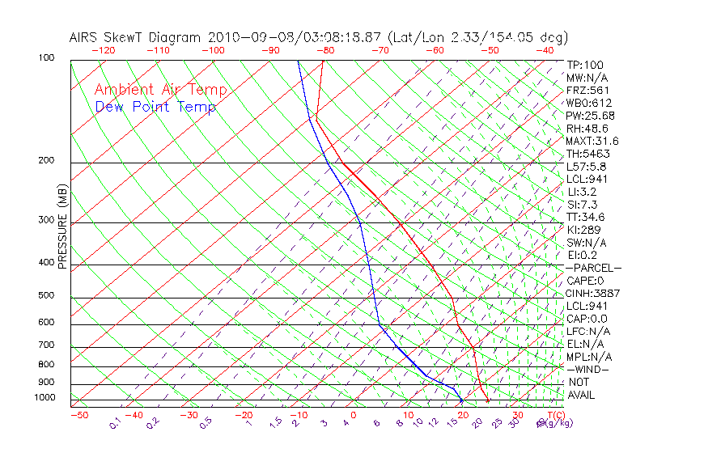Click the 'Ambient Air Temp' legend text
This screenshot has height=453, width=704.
click(160, 91)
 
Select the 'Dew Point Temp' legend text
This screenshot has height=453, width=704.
click(155, 108)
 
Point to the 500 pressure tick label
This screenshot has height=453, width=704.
click(46, 296)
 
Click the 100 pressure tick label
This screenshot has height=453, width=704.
click(46, 58)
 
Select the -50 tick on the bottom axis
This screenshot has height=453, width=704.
click(78, 416)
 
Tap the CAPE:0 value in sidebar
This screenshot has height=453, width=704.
click(587, 281)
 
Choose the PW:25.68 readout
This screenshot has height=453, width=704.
click(592, 116)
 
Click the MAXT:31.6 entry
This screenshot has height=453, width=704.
click(593, 141)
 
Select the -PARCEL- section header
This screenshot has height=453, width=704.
click(593, 268)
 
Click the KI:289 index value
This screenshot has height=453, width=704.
click(584, 230)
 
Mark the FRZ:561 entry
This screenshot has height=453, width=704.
click(588, 91)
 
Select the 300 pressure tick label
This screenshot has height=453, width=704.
click(46, 220)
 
